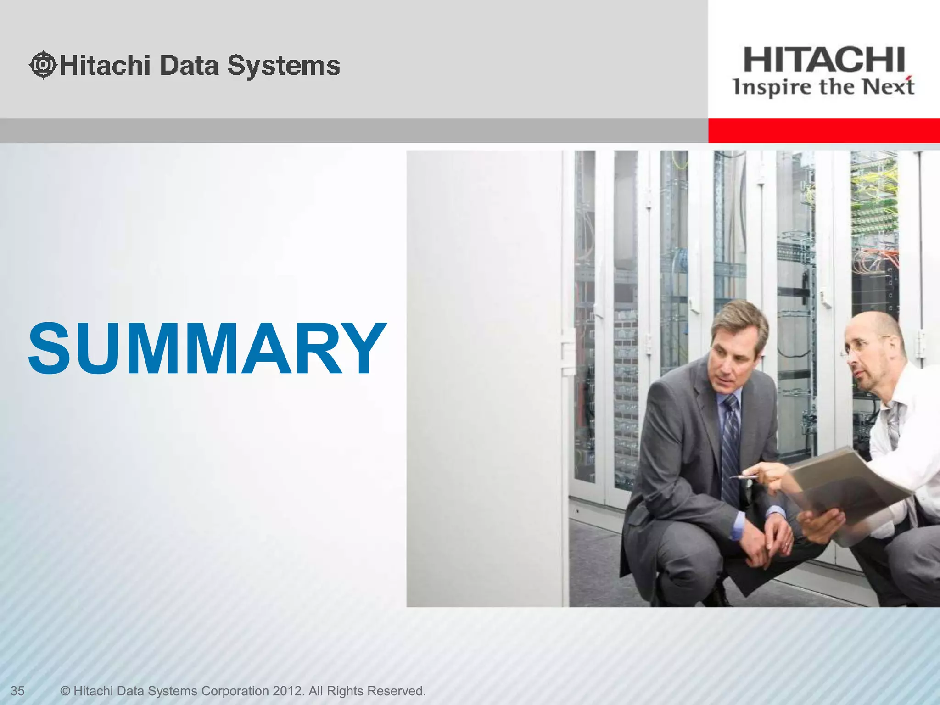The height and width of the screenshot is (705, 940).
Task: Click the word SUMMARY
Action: click(x=207, y=348)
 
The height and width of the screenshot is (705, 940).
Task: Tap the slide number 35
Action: click(x=17, y=691)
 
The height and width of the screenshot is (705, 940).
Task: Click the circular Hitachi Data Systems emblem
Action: click(x=43, y=65)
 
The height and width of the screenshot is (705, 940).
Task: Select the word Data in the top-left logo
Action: click(x=189, y=65)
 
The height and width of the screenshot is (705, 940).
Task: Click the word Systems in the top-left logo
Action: click(x=284, y=66)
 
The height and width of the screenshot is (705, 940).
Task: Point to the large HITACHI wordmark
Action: click(x=824, y=60)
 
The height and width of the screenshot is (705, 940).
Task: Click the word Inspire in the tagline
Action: click(x=772, y=87)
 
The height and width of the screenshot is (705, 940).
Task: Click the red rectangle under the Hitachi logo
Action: click(x=824, y=131)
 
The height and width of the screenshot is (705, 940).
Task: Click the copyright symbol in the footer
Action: click(x=65, y=691)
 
